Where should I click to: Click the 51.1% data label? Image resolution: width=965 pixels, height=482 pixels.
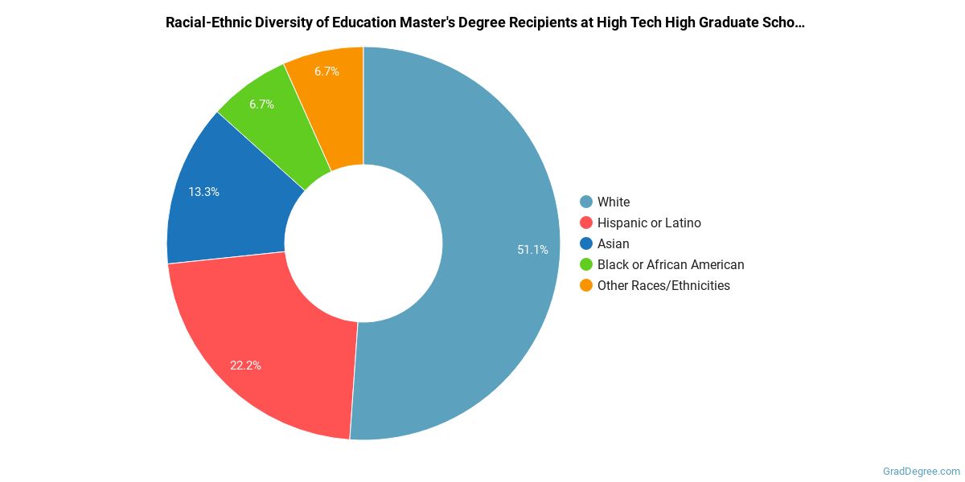(532, 250)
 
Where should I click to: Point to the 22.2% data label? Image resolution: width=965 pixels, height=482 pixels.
(245, 366)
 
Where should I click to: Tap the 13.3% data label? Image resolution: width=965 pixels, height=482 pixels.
(203, 192)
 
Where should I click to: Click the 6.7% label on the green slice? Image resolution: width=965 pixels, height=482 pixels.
(262, 104)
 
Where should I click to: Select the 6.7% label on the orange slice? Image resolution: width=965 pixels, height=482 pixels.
(326, 71)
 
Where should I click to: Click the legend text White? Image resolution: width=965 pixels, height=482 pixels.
(614, 202)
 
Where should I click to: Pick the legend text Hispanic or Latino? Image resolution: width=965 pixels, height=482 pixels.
(649, 223)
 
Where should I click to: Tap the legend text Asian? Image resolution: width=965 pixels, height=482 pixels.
(613, 243)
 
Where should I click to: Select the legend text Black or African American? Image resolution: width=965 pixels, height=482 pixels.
(671, 264)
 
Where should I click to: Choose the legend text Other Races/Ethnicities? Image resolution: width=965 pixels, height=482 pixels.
(663, 285)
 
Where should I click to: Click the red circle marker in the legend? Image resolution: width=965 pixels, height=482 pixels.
(586, 223)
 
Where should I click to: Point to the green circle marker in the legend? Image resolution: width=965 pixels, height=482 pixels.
(586, 264)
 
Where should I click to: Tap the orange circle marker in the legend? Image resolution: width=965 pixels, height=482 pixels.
(586, 285)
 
